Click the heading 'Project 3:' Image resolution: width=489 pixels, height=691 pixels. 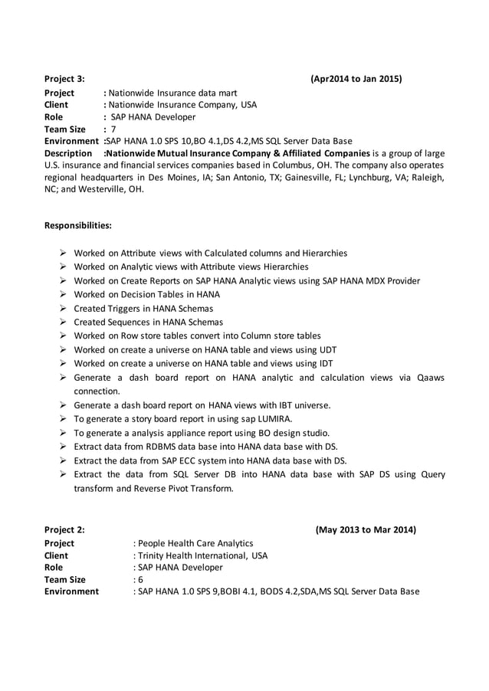pos(64,79)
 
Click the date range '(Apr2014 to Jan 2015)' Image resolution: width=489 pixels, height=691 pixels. pos(356,79)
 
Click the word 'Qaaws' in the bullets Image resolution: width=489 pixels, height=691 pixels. pos(429,378)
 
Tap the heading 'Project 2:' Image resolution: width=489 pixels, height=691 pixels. pos(64,529)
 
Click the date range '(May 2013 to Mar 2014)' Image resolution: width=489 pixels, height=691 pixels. pos(366,529)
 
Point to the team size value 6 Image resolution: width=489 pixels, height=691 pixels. pos(140,580)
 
